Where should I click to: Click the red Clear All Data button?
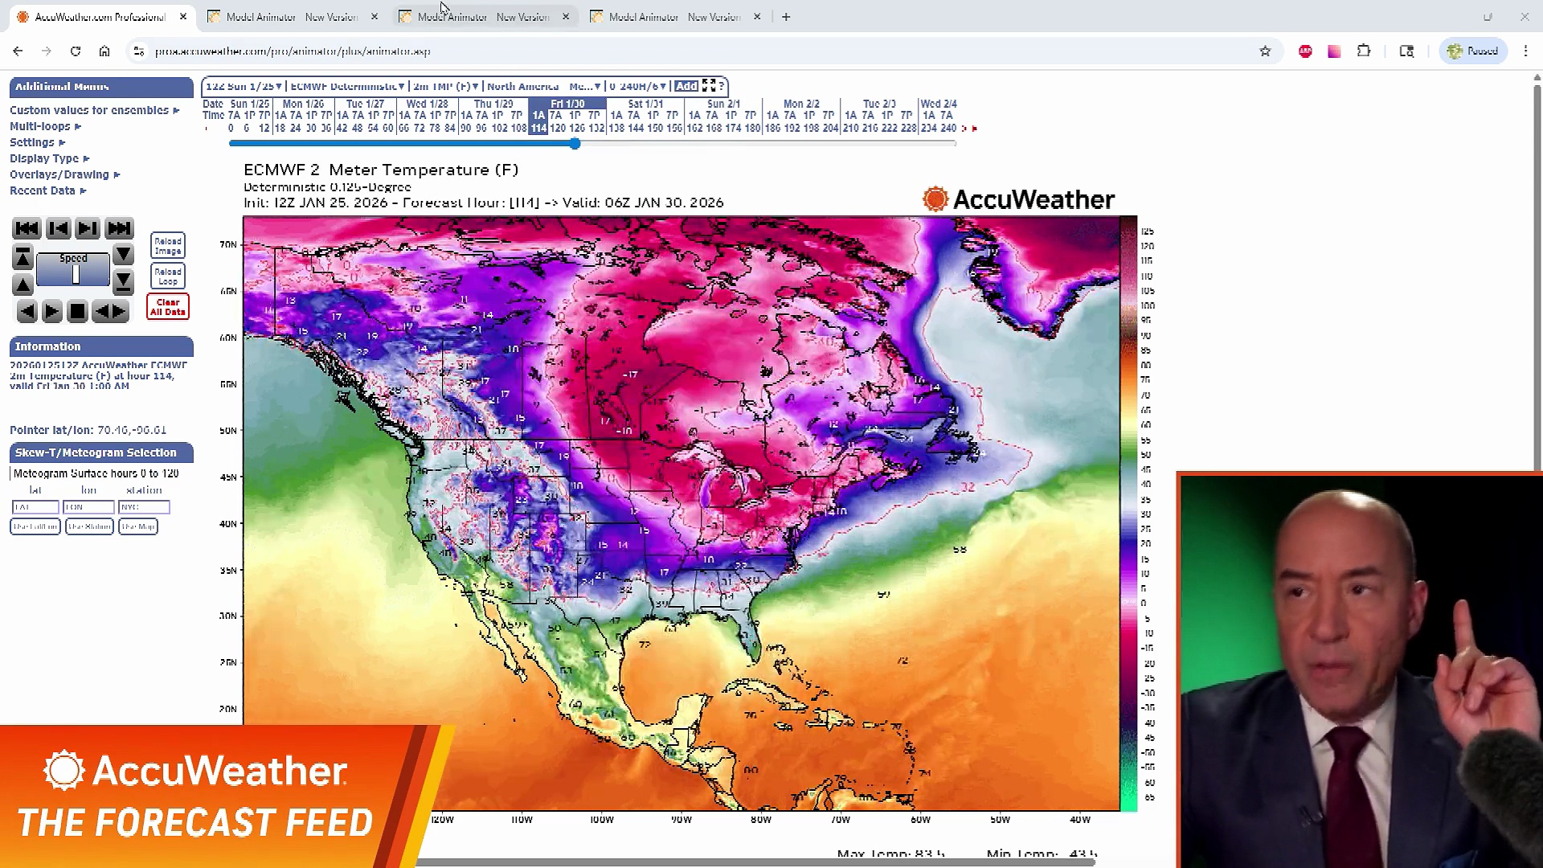pyautogui.click(x=167, y=307)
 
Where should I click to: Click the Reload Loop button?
pyautogui.click(x=167, y=276)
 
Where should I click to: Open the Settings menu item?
pyautogui.click(x=32, y=142)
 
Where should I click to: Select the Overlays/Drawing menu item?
pyautogui.click(x=59, y=174)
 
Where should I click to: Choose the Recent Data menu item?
pyautogui.click(x=43, y=190)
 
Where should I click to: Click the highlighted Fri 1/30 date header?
pyautogui.click(x=567, y=104)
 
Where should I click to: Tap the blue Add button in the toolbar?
pyautogui.click(x=686, y=86)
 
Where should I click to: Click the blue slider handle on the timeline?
pyautogui.click(x=575, y=144)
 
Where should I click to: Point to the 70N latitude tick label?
pyautogui.click(x=228, y=244)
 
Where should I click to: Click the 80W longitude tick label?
pyautogui.click(x=760, y=820)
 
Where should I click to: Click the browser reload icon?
pyautogui.click(x=76, y=51)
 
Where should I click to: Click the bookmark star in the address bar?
pyautogui.click(x=1265, y=51)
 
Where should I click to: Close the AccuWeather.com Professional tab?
pyautogui.click(x=183, y=17)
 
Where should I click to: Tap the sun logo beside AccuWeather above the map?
pyautogui.click(x=935, y=199)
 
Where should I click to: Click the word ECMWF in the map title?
pyautogui.click(x=270, y=170)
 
